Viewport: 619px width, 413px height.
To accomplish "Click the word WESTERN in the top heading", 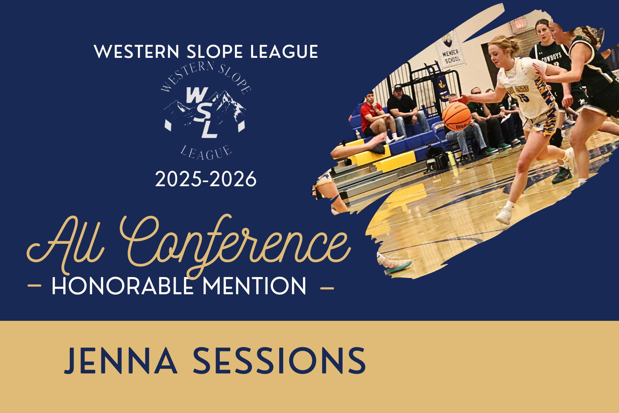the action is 137,52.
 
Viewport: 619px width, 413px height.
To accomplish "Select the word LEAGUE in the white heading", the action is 284,52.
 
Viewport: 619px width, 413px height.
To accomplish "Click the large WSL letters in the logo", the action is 202,112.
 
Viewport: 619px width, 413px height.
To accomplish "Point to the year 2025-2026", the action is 206,179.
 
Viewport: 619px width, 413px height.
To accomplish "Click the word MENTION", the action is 254,286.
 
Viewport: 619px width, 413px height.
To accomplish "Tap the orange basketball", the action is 456,117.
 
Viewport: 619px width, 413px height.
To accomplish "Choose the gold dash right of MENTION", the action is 327,287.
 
